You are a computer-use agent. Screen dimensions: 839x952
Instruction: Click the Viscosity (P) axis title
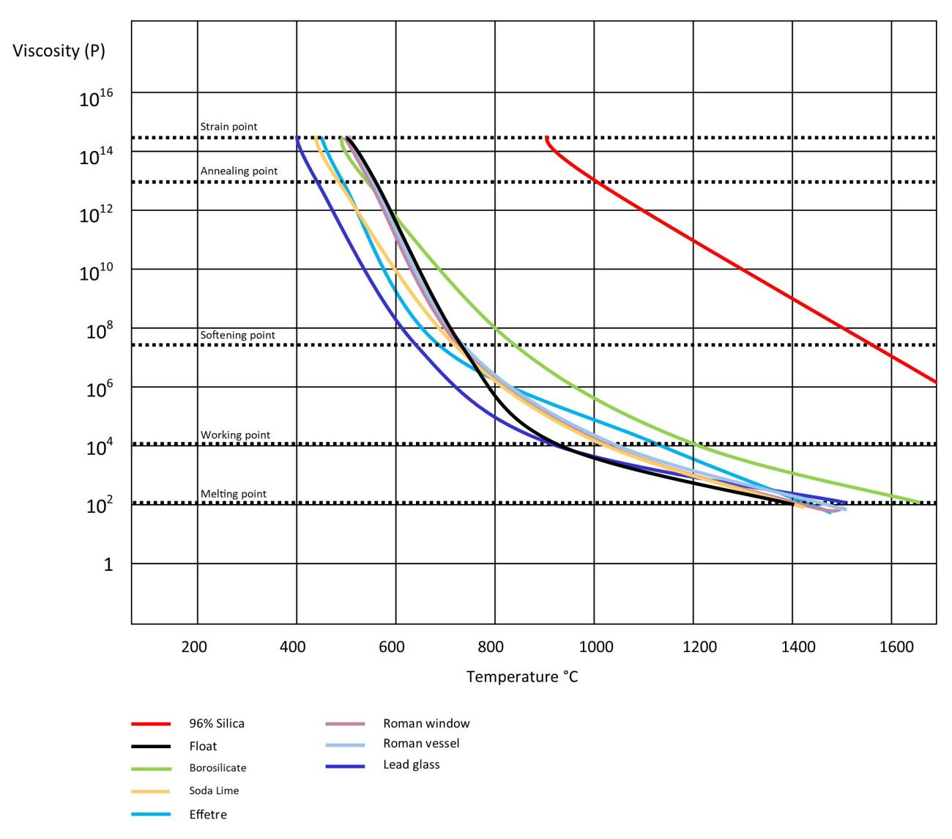coord(59,51)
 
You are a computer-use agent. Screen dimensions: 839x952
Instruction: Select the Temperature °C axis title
coord(522,676)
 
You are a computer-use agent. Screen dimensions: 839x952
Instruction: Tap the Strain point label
coord(228,127)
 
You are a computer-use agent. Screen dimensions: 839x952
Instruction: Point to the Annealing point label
coord(239,171)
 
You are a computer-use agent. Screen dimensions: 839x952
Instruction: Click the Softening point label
coord(237,336)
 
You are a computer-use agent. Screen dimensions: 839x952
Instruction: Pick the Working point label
coord(235,435)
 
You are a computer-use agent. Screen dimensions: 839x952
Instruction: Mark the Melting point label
coord(234,494)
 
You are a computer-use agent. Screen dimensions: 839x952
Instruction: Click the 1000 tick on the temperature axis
coord(595,646)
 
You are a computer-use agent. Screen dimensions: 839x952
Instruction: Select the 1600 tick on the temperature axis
coord(896,646)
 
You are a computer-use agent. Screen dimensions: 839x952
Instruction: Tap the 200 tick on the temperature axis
coord(194,646)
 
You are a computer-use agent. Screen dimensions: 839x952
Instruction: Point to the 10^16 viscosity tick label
coord(95,98)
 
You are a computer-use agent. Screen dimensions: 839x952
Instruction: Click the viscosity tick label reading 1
coord(108,565)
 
